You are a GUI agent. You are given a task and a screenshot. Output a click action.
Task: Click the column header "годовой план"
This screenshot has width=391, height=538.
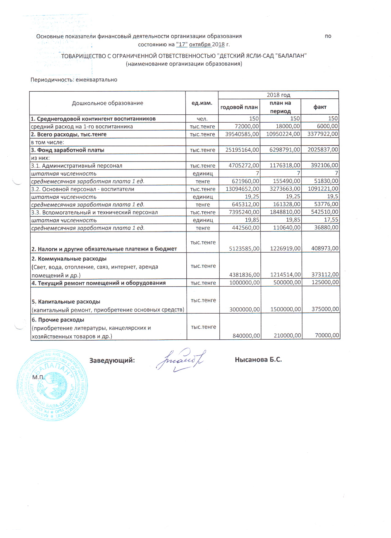pyautogui.click(x=239, y=107)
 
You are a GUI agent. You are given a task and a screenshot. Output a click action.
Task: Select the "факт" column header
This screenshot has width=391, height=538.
pyautogui.click(x=320, y=107)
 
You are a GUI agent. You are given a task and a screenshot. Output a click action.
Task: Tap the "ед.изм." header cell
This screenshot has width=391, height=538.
pyautogui.click(x=202, y=103)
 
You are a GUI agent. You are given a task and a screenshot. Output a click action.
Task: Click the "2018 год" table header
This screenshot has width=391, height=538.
pyautogui.click(x=278, y=95)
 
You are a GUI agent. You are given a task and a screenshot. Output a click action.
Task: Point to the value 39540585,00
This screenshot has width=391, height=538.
pyautogui.click(x=242, y=134)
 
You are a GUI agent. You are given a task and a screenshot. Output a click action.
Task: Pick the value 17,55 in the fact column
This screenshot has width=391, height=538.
pyautogui.click(x=331, y=220)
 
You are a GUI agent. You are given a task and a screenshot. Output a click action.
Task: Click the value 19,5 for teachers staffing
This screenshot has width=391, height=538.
pyautogui.click(x=332, y=197)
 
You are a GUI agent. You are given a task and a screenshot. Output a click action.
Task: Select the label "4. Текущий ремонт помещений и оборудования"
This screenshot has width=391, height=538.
pyautogui.click(x=98, y=283)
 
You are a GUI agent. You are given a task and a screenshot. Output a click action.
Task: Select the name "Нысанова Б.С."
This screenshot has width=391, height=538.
pyautogui.click(x=258, y=360)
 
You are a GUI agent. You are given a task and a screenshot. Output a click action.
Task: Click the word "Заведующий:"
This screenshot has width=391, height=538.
pyautogui.click(x=112, y=360)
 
